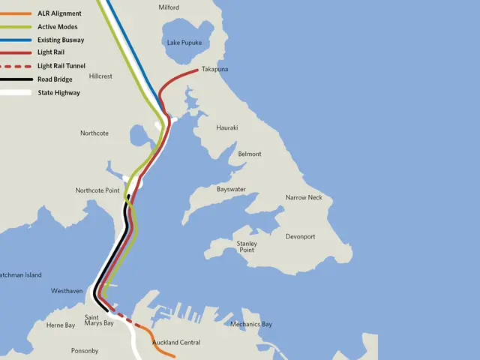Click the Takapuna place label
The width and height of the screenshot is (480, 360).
(214, 70)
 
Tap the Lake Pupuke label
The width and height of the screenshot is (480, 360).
(184, 43)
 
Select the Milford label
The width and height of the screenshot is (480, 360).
(169, 7)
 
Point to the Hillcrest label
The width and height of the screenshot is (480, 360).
(100, 76)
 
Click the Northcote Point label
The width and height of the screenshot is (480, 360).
(97, 190)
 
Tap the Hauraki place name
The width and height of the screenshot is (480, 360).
(226, 128)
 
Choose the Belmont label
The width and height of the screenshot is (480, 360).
(250, 154)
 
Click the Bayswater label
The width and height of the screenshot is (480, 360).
(231, 190)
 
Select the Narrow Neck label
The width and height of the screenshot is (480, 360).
(304, 198)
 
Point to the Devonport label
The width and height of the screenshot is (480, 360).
(301, 237)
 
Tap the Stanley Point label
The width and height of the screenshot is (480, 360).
(247, 247)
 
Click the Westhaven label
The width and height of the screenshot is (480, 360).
(67, 291)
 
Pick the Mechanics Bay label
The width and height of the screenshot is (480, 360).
(251, 325)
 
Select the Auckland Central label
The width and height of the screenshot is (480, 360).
(176, 343)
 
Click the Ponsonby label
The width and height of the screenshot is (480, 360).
(85, 351)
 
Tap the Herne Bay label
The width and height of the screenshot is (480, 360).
(61, 325)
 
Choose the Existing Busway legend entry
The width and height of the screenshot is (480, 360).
(61, 40)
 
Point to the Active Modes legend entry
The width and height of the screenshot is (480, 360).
(57, 27)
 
